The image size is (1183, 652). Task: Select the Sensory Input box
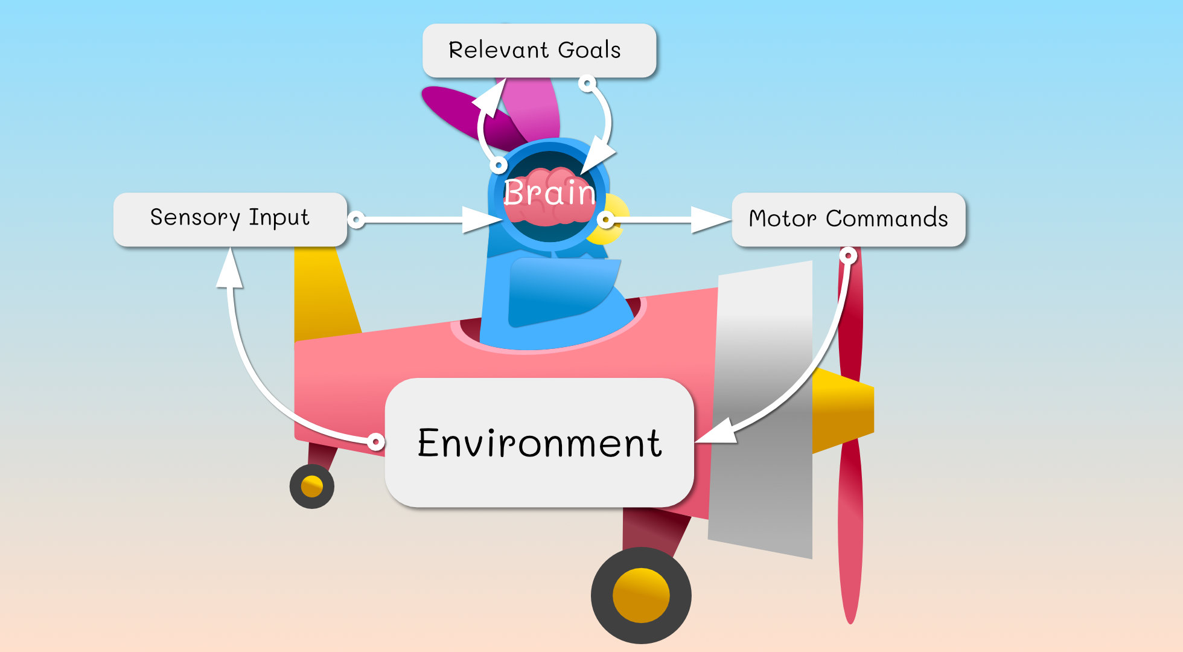tap(230, 219)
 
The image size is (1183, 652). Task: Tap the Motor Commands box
tap(848, 219)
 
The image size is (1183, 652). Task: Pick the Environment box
tap(539, 443)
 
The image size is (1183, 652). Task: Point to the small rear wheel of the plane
tap(311, 486)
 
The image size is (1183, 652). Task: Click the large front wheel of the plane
tap(641, 595)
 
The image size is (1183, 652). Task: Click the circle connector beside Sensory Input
tap(357, 219)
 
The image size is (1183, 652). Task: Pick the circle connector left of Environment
tap(375, 442)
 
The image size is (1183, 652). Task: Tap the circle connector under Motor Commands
tap(848, 256)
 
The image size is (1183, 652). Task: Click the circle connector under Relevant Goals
tap(587, 83)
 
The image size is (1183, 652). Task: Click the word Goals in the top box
tap(589, 50)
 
